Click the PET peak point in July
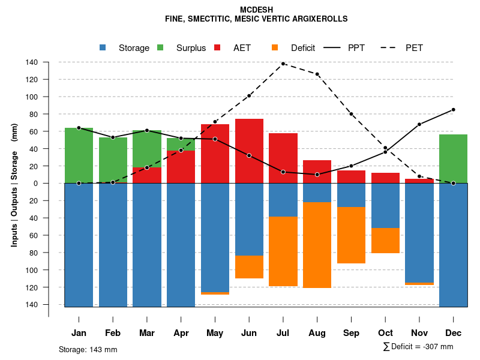[283, 64]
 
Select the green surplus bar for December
[453, 159]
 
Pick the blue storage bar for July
[283, 200]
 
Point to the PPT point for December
[453, 110]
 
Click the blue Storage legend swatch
[103, 48]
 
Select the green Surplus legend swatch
[161, 48]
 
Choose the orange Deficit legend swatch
[275, 48]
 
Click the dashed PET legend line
[391, 48]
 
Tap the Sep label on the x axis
[351, 333]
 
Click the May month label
[215, 333]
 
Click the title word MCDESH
[256, 10]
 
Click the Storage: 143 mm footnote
[88, 349]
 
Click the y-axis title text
[14, 185]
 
